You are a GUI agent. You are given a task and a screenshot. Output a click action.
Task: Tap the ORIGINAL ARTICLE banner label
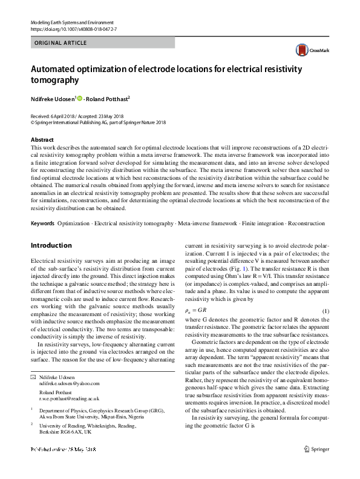pyautogui.click(x=61, y=43)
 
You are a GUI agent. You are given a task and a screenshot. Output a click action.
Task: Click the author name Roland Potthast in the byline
pyautogui.click(x=108, y=98)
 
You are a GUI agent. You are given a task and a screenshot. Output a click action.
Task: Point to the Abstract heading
pyautogui.click(x=42, y=140)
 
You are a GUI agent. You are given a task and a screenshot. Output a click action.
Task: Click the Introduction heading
pyautogui.click(x=51, y=246)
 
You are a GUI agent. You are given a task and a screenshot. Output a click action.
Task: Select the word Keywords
pyautogui.click(x=42, y=223)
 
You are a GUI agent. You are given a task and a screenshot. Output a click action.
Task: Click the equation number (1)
pyautogui.click(x=325, y=311)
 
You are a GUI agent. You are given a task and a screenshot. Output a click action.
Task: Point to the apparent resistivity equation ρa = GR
pyautogui.click(x=196, y=311)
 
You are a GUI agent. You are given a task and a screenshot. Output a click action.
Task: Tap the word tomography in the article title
pyautogui.click(x=54, y=80)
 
